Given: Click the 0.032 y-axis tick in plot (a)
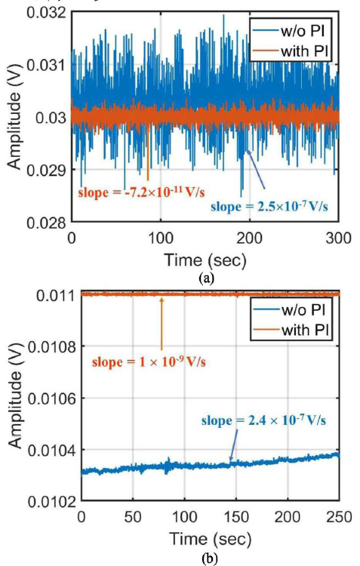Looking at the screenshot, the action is coord(46,14).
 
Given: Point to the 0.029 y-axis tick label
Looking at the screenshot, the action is coord(46,170).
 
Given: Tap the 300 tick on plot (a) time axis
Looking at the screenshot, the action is coord(337,238).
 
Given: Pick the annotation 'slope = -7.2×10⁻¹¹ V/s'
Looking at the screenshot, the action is coord(141,192).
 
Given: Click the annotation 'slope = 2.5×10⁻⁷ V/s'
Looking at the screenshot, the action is coord(269,206).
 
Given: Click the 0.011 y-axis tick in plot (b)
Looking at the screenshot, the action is coord(55,295).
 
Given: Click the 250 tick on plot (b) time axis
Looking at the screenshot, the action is coord(339,517).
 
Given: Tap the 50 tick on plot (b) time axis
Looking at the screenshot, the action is coord(133,517).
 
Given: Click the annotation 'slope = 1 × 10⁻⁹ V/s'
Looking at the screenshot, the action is coord(149,361).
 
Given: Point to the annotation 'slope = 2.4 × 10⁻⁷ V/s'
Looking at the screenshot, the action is coord(263,420).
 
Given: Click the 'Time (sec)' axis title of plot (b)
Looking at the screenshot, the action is coord(210,540).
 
